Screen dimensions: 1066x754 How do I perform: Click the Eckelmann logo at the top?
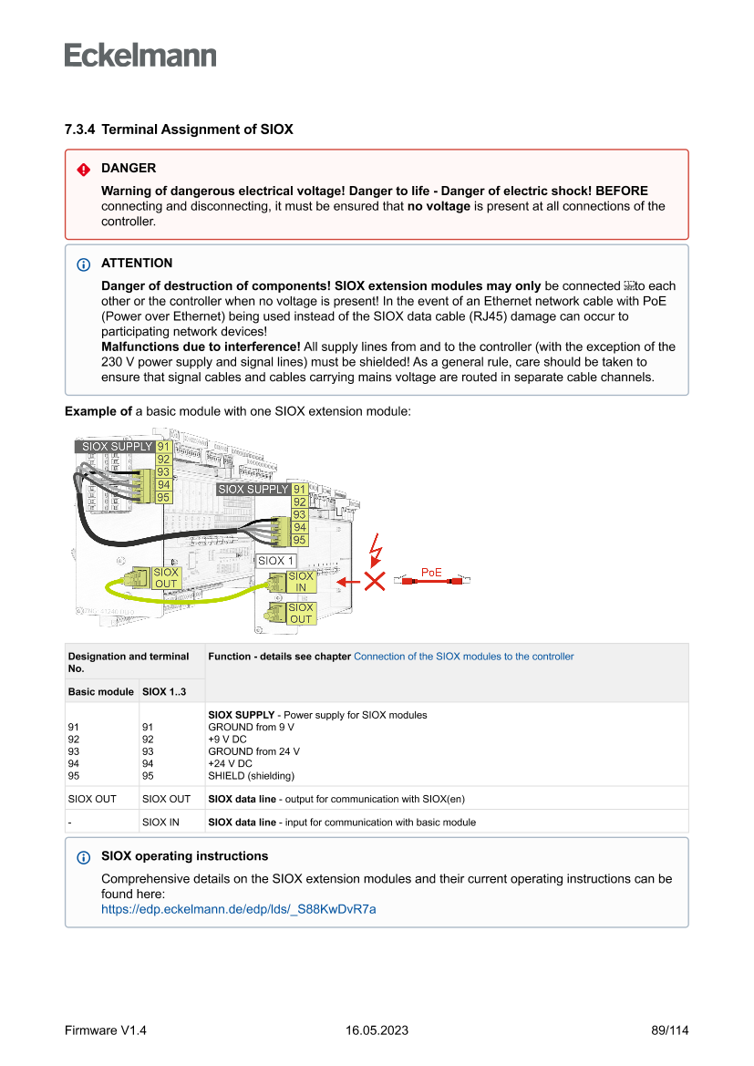pos(140,55)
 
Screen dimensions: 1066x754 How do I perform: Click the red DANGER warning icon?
pos(83,169)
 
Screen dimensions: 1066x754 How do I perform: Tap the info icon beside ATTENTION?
pos(83,264)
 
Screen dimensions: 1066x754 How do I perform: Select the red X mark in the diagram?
pos(374,581)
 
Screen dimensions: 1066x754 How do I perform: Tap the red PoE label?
pos(431,572)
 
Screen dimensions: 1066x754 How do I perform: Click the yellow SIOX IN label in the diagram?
pos(300,582)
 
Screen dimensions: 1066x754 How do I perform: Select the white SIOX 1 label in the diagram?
pos(275,561)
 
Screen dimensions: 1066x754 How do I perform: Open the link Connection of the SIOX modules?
pos(463,656)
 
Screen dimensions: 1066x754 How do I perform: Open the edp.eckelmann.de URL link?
pos(238,909)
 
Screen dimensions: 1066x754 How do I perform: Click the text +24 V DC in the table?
pos(230,763)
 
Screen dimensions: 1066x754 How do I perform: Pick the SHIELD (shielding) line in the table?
pos(251,776)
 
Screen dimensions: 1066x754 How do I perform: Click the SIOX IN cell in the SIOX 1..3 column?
pos(160,822)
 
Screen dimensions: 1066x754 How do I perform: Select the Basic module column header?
pos(100,691)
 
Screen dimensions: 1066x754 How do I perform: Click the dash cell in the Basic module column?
pos(70,822)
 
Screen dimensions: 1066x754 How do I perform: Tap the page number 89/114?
pos(669,1030)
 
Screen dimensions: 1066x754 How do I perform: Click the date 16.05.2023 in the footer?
pos(377,1030)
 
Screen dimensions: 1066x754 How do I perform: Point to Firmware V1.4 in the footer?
pos(106,1030)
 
